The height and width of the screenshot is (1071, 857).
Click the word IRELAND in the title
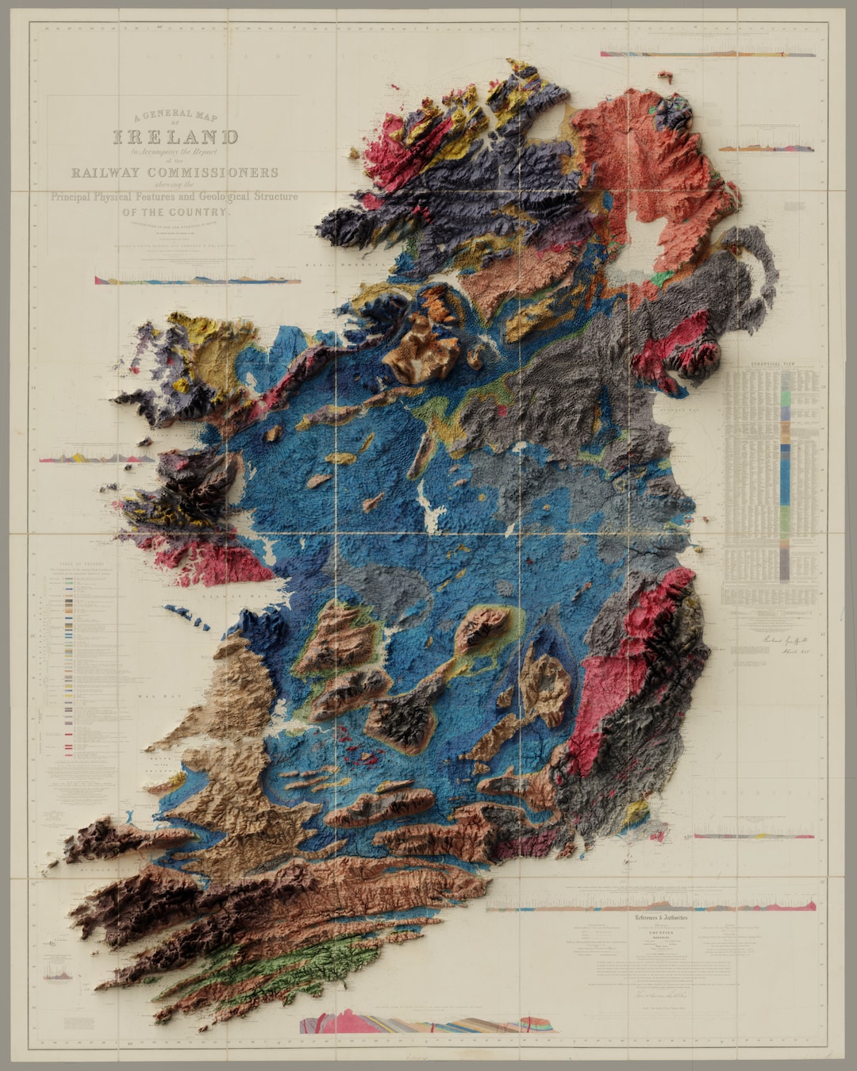click(175, 137)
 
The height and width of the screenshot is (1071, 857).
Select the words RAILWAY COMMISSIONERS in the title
click(175, 172)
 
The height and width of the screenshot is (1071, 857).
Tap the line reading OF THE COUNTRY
click(175, 212)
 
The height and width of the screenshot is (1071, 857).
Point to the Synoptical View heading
click(772, 366)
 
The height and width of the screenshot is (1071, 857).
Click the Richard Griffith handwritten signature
click(782, 639)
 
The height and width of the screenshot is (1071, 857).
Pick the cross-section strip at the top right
click(707, 54)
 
